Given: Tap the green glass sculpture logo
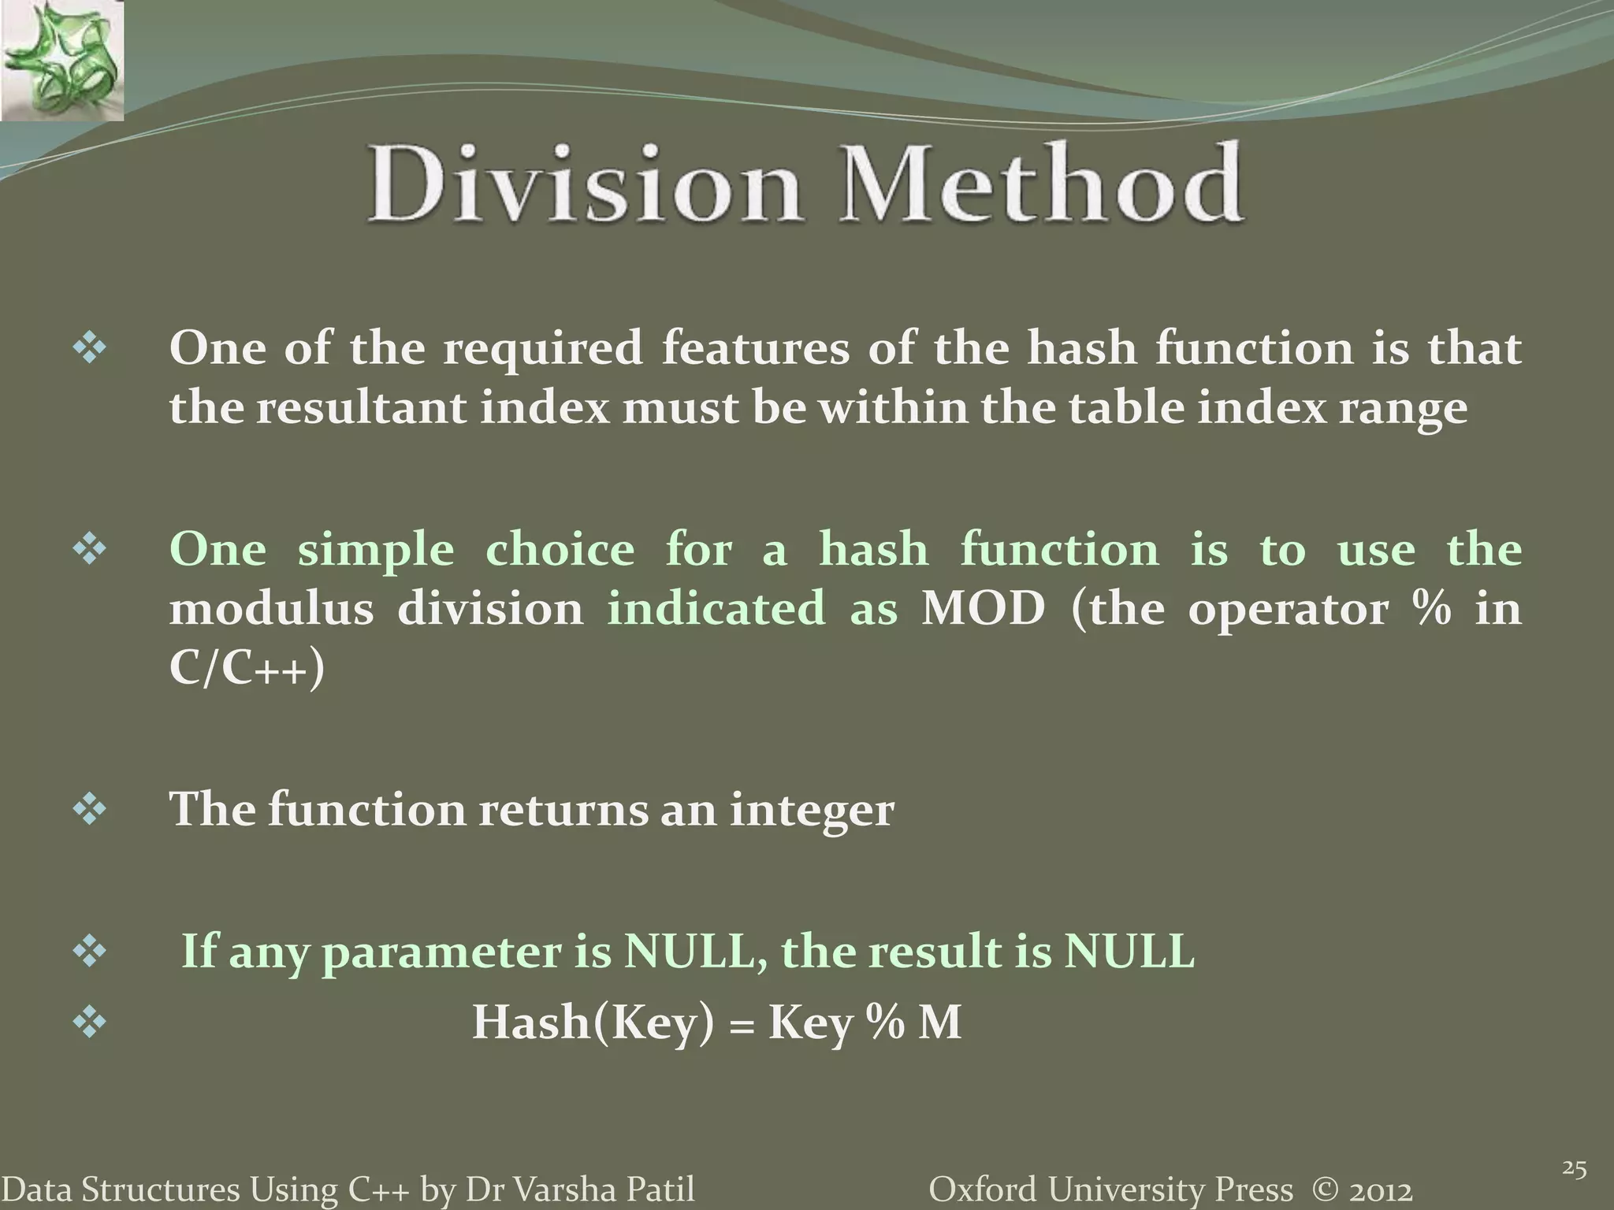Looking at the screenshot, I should [61, 60].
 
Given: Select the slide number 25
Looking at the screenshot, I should [1573, 1147].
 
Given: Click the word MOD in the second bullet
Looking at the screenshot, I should [982, 609].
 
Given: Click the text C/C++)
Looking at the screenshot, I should [246, 670].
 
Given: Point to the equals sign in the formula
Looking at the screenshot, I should [740, 1026].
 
